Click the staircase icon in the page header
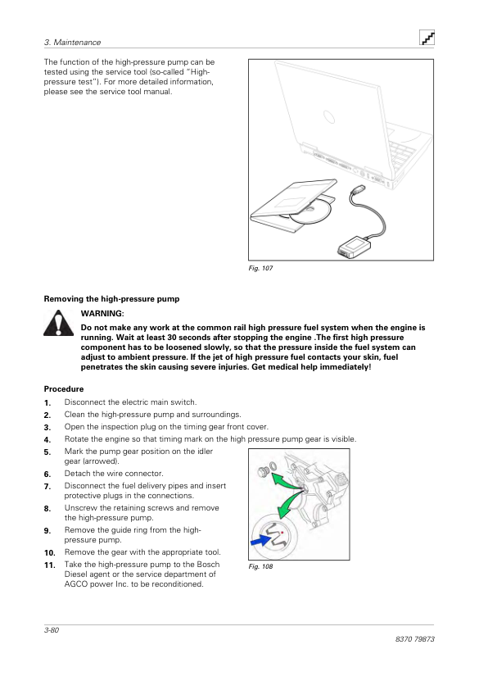pyautogui.click(x=427, y=38)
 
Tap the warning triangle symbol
pyautogui.click(x=58, y=324)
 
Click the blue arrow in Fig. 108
pyautogui.click(x=261, y=539)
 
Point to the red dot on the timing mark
pyautogui.click(x=282, y=533)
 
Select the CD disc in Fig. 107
pyautogui.click(x=310, y=212)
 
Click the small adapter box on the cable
pyautogui.click(x=354, y=247)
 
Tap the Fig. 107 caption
pyautogui.click(x=260, y=268)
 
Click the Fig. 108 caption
pyautogui.click(x=260, y=566)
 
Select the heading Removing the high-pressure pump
pyautogui.click(x=111, y=299)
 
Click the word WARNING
pyautogui.click(x=102, y=314)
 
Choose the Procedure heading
pyautogui.click(x=64, y=389)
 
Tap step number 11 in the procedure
pyautogui.click(x=50, y=565)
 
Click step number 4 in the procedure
pyautogui.click(x=47, y=439)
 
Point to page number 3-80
pyautogui.click(x=52, y=629)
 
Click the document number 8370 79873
pyautogui.click(x=414, y=639)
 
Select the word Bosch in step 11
pyautogui.click(x=208, y=564)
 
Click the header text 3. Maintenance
pyautogui.click(x=73, y=43)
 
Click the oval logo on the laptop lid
pyautogui.click(x=329, y=117)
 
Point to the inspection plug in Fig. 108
pyautogui.click(x=264, y=472)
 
